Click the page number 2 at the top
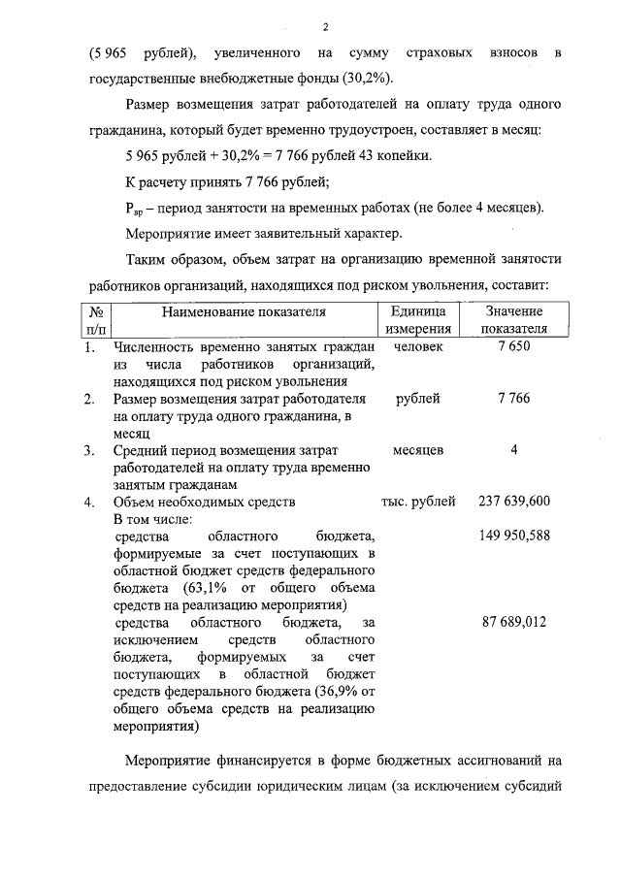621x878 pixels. point(325,26)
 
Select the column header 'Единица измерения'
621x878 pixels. point(418,320)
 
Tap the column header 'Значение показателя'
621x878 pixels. point(514,320)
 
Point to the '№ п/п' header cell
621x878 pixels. point(96,320)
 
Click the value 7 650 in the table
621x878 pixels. point(514,346)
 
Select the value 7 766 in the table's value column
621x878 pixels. point(514,399)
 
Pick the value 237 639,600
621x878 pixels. point(514,502)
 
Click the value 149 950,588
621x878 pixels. point(514,536)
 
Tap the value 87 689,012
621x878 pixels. point(514,622)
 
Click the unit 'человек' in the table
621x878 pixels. point(418,346)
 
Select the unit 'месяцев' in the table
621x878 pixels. point(418,450)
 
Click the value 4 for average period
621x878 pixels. point(514,450)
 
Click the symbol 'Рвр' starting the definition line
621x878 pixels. point(135,208)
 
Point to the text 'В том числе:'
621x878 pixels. point(152,519)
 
